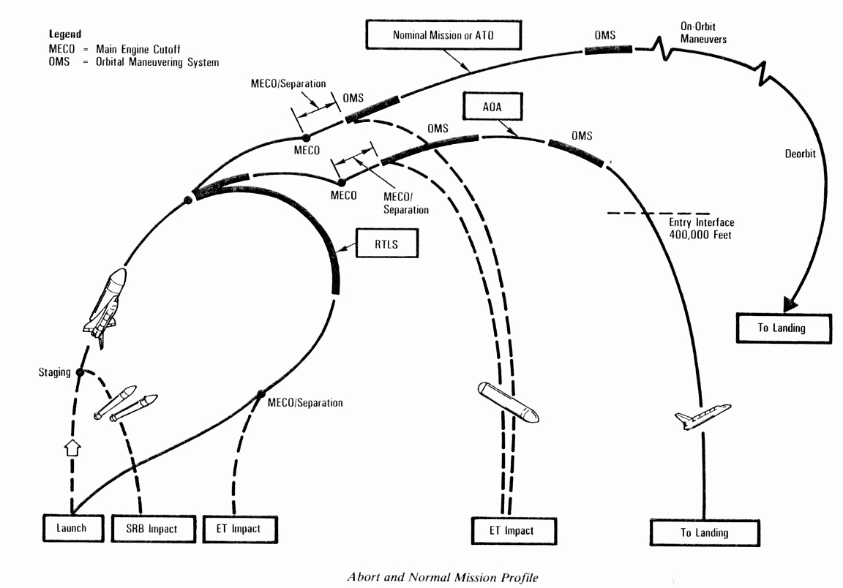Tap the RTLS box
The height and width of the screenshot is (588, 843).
[386, 243]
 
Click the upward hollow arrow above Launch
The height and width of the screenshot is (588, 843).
[72, 448]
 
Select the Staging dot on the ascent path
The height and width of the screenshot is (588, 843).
[80, 373]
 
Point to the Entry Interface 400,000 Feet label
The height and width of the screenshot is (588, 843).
[701, 228]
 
